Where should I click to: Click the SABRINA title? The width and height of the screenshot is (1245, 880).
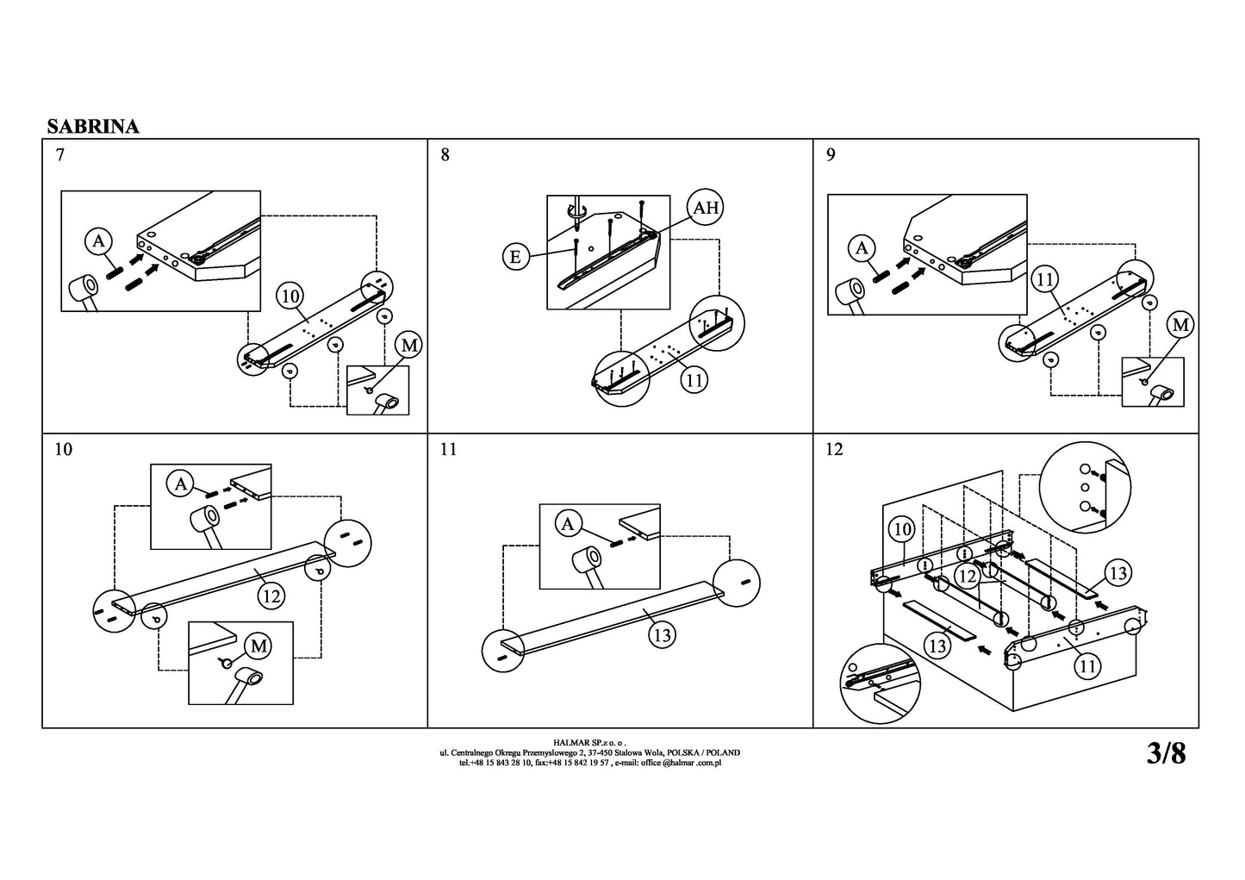tap(93, 127)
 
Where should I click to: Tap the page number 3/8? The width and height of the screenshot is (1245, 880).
tap(1166, 753)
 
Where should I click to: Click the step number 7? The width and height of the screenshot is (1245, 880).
tap(60, 154)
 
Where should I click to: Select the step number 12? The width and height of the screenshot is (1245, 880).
tap(834, 449)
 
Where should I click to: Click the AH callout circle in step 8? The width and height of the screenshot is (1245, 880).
tap(706, 208)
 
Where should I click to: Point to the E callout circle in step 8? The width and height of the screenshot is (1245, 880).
tap(516, 257)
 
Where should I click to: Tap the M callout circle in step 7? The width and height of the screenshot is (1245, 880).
tap(409, 346)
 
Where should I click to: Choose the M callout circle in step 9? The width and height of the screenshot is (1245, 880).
tap(1180, 325)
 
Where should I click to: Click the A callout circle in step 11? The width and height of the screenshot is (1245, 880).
tap(568, 524)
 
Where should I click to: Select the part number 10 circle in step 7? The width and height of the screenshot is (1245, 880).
tap(290, 296)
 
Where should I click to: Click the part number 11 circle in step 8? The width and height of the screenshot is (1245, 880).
tap(694, 380)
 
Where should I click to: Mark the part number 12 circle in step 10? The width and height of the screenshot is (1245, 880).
tap(271, 596)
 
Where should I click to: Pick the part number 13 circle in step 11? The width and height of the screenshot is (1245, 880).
tap(662, 635)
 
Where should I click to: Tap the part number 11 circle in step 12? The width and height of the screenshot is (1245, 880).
tap(1087, 666)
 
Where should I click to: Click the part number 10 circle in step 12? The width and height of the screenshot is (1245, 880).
tap(901, 529)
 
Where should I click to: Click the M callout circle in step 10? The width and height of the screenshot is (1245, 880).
tap(259, 646)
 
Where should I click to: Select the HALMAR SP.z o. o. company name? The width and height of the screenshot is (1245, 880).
tap(589, 742)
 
